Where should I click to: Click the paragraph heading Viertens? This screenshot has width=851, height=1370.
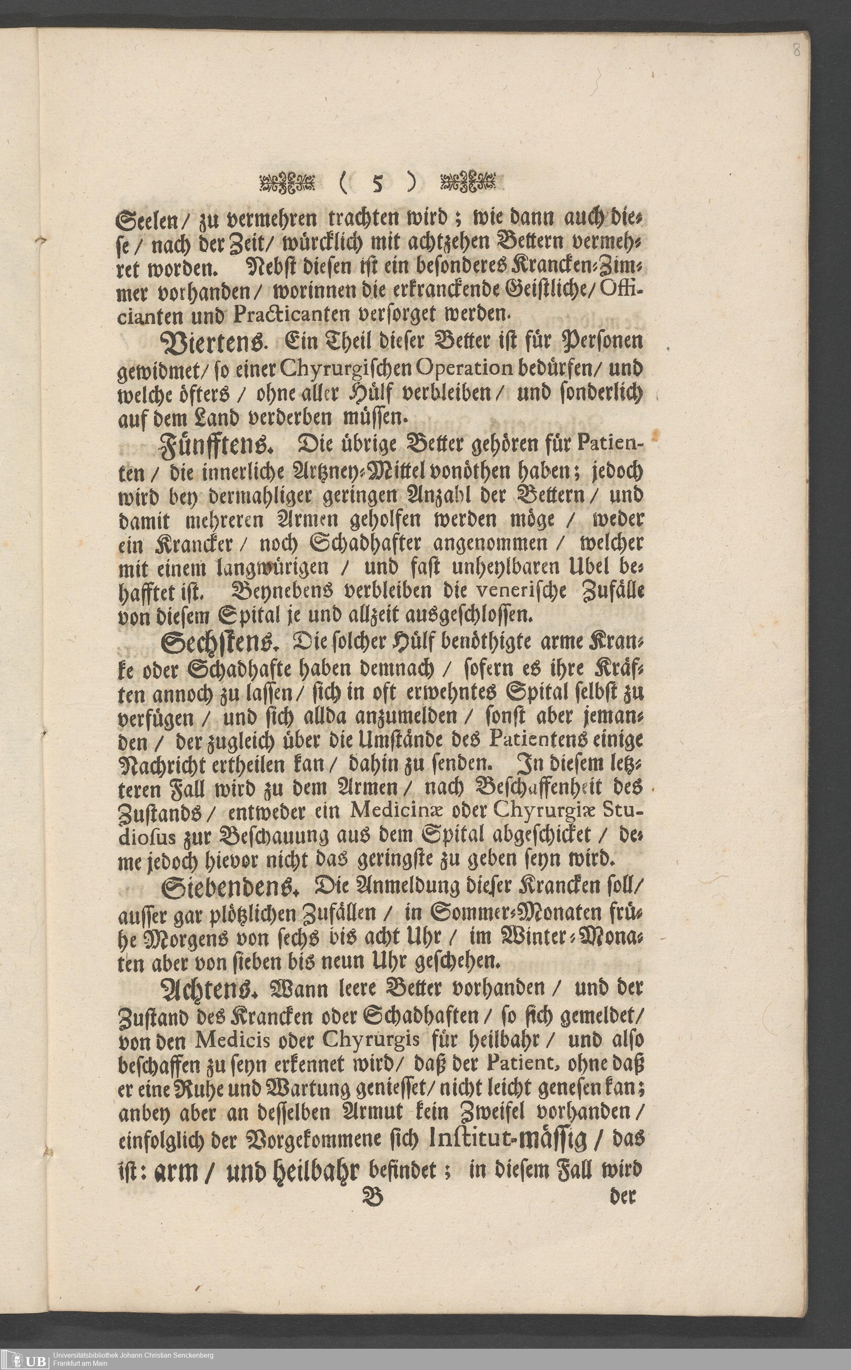tap(211, 343)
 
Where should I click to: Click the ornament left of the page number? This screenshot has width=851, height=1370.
tap(286, 183)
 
